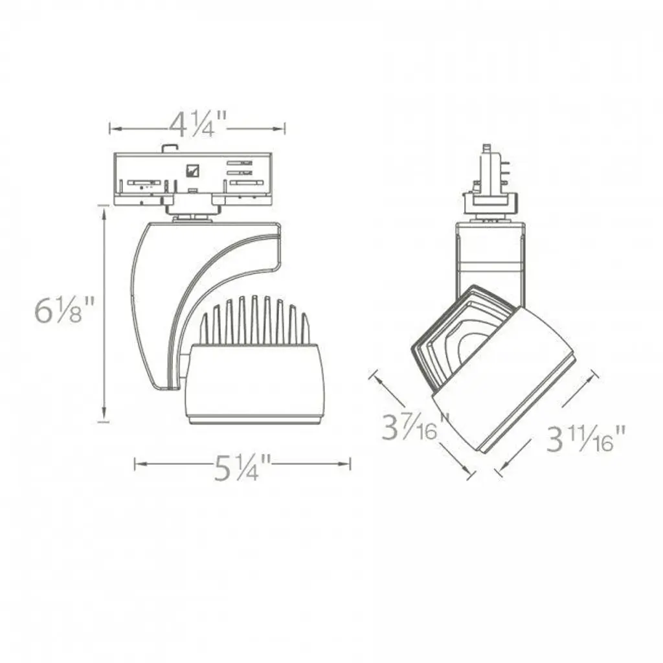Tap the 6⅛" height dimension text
[x=64, y=309]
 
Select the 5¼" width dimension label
[x=242, y=467]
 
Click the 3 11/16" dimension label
[x=585, y=438]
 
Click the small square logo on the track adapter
[x=192, y=170]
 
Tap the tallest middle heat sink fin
[x=254, y=320]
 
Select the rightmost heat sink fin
[x=305, y=329]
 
